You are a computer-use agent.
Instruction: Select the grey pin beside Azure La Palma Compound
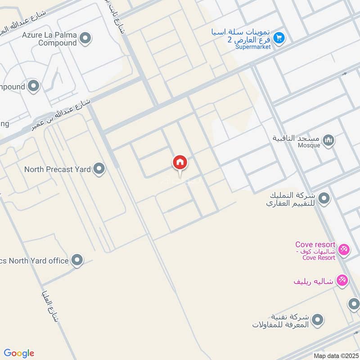pyautogui.click(x=85, y=39)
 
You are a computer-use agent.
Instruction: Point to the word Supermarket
pyautogui.click(x=253, y=47)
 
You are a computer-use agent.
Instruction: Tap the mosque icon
pyautogui.click(x=329, y=140)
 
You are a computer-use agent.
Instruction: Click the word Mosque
pyautogui.click(x=309, y=145)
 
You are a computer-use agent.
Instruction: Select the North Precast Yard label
pyautogui.click(x=57, y=170)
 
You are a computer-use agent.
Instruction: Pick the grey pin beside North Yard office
pyautogui.click(x=77, y=260)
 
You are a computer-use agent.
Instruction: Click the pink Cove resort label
pyautogui.click(x=315, y=245)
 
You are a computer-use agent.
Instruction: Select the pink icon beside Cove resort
pyautogui.click(x=344, y=249)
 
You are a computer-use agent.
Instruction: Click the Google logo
pyautogui.click(x=19, y=353)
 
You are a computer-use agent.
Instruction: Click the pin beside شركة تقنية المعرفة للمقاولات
pyautogui.click(x=318, y=320)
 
